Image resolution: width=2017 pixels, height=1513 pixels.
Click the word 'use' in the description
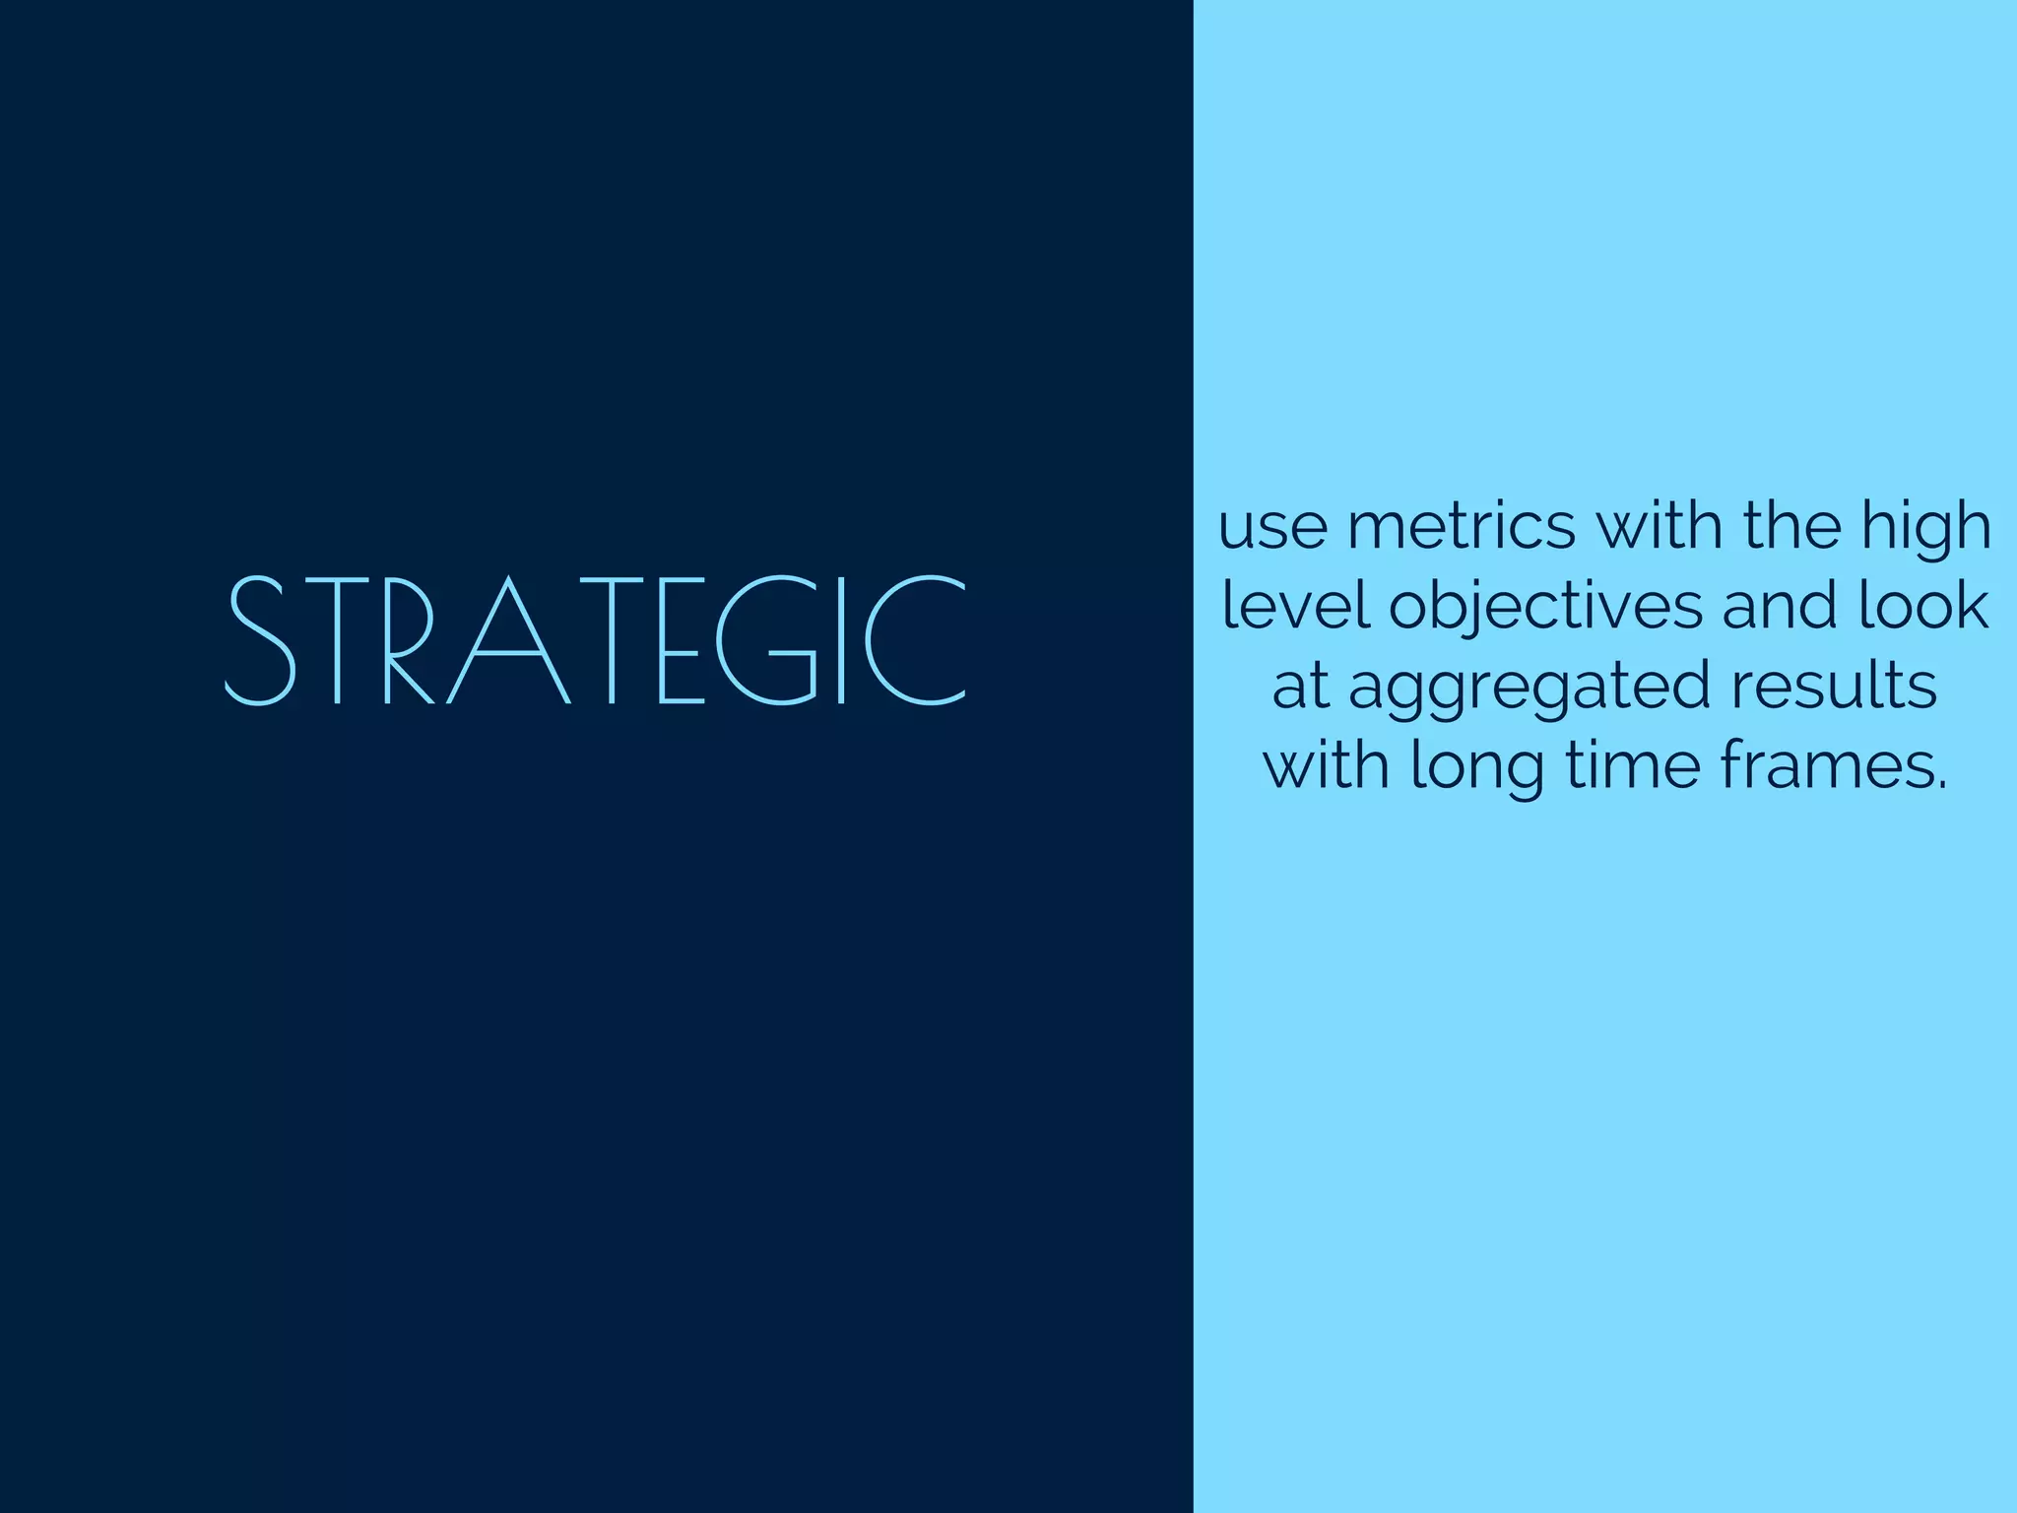coord(1272,529)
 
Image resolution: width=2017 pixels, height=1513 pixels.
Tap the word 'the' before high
coord(1791,527)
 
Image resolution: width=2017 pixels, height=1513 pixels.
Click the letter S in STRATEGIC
coord(260,640)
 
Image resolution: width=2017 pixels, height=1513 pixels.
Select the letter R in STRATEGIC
coord(407,640)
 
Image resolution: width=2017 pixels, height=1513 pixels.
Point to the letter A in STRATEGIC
coord(510,640)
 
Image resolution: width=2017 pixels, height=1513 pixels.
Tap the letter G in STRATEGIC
coord(766,640)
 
